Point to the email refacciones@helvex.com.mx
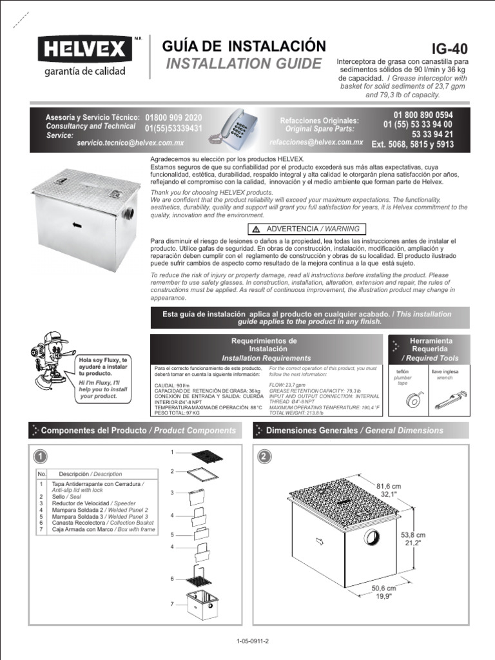[x=316, y=142]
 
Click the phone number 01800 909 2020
[x=174, y=118]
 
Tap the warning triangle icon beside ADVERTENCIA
[x=256, y=229]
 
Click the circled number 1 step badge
[x=40, y=456]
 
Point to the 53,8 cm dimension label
[x=412, y=535]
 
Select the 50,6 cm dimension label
[x=382, y=588]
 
